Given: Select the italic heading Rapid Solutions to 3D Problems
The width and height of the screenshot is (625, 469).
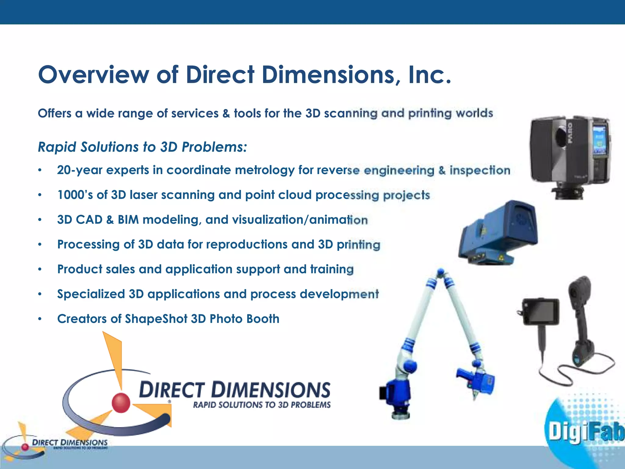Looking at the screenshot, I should (x=142, y=147).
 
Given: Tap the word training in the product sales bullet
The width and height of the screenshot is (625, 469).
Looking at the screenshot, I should (x=332, y=269).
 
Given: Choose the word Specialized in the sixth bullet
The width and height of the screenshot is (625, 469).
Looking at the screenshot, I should (x=91, y=294).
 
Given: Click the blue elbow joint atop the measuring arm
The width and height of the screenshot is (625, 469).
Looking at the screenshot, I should (x=440, y=272).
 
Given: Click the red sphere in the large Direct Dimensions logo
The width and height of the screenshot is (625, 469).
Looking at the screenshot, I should (x=121, y=403).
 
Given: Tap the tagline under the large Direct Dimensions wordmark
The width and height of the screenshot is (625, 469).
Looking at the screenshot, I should (x=262, y=405).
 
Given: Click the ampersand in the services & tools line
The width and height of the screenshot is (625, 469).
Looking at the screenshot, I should (x=226, y=114).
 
